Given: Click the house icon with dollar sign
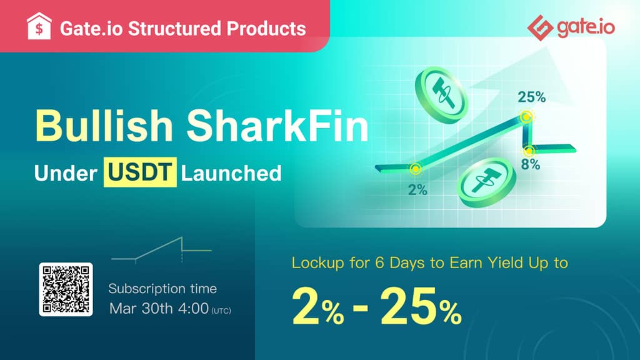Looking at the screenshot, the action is (39, 26).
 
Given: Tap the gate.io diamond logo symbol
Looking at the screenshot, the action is (541, 27).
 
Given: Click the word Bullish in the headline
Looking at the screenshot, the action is (104, 125).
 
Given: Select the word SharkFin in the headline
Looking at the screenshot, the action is (278, 125).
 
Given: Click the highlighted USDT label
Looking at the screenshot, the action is (140, 172).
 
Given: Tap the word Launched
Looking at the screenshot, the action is (231, 173).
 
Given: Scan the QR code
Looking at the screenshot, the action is (66, 289).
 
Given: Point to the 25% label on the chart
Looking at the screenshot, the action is (531, 97).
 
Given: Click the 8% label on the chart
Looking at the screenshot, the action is (531, 164).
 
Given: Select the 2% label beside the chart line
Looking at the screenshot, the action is (417, 190).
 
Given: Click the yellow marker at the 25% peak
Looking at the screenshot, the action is (526, 117).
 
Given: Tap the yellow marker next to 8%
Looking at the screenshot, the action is (529, 151).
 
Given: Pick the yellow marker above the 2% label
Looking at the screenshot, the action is (416, 169).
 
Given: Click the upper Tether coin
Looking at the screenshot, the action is (442, 95).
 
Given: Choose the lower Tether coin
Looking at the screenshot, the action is (486, 182).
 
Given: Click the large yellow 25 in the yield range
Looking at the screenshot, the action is (405, 306).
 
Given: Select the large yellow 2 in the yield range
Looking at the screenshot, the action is (305, 306).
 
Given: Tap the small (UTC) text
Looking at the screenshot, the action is (221, 311).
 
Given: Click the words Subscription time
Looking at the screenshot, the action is (162, 289).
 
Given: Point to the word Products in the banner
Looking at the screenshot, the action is (266, 29).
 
